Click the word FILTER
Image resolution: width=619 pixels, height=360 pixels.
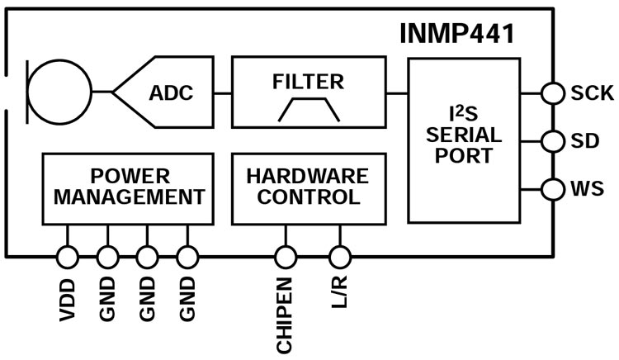[x=308, y=81]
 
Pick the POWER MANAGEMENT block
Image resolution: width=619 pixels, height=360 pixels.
[x=130, y=187]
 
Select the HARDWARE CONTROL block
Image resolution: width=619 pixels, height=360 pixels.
[x=308, y=187]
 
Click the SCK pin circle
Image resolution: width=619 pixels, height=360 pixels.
[x=552, y=92]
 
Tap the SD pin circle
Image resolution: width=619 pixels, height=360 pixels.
[x=552, y=141]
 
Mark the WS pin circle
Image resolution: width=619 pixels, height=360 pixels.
[x=552, y=190]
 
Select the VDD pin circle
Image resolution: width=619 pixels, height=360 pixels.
[x=67, y=258]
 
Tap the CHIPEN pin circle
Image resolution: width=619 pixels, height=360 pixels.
[x=286, y=258]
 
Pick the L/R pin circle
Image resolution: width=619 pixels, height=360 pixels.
[x=339, y=258]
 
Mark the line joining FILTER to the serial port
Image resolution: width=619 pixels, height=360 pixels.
[x=397, y=92]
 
